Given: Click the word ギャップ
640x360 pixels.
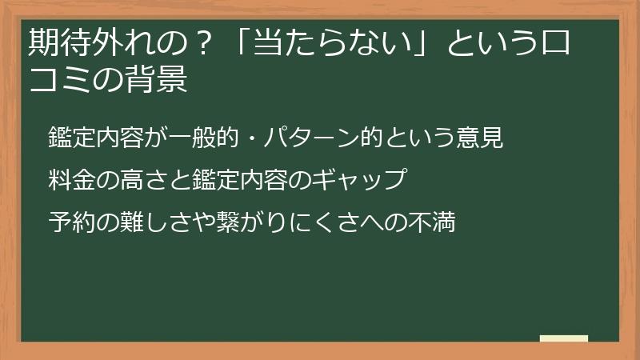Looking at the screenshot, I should click(x=362, y=180).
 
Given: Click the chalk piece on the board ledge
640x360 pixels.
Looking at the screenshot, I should click(x=563, y=338).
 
